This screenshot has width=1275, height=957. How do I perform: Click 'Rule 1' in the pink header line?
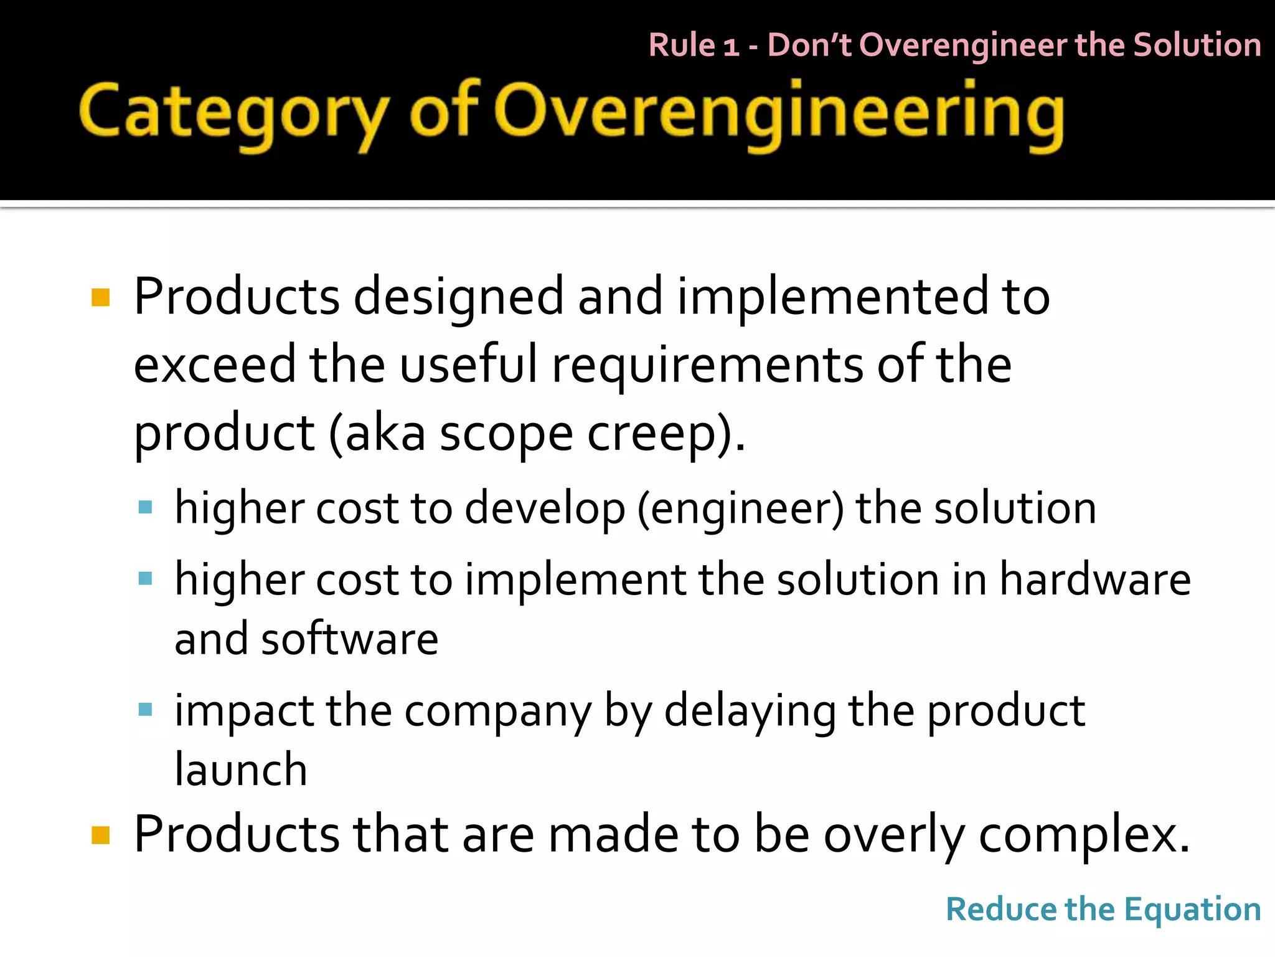(694, 45)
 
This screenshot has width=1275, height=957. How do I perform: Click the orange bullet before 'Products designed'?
(100, 297)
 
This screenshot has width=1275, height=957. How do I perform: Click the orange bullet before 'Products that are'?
(100, 835)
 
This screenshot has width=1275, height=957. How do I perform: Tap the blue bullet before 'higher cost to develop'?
(145, 507)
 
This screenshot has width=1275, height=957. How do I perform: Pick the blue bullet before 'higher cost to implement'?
(145, 579)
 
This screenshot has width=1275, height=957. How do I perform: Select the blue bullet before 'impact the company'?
(145, 709)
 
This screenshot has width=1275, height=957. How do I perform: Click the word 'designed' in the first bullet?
(458, 297)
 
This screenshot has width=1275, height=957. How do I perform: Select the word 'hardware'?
(1095, 579)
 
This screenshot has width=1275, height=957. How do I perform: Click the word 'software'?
(349, 639)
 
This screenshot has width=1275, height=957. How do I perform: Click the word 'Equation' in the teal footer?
(1192, 910)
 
